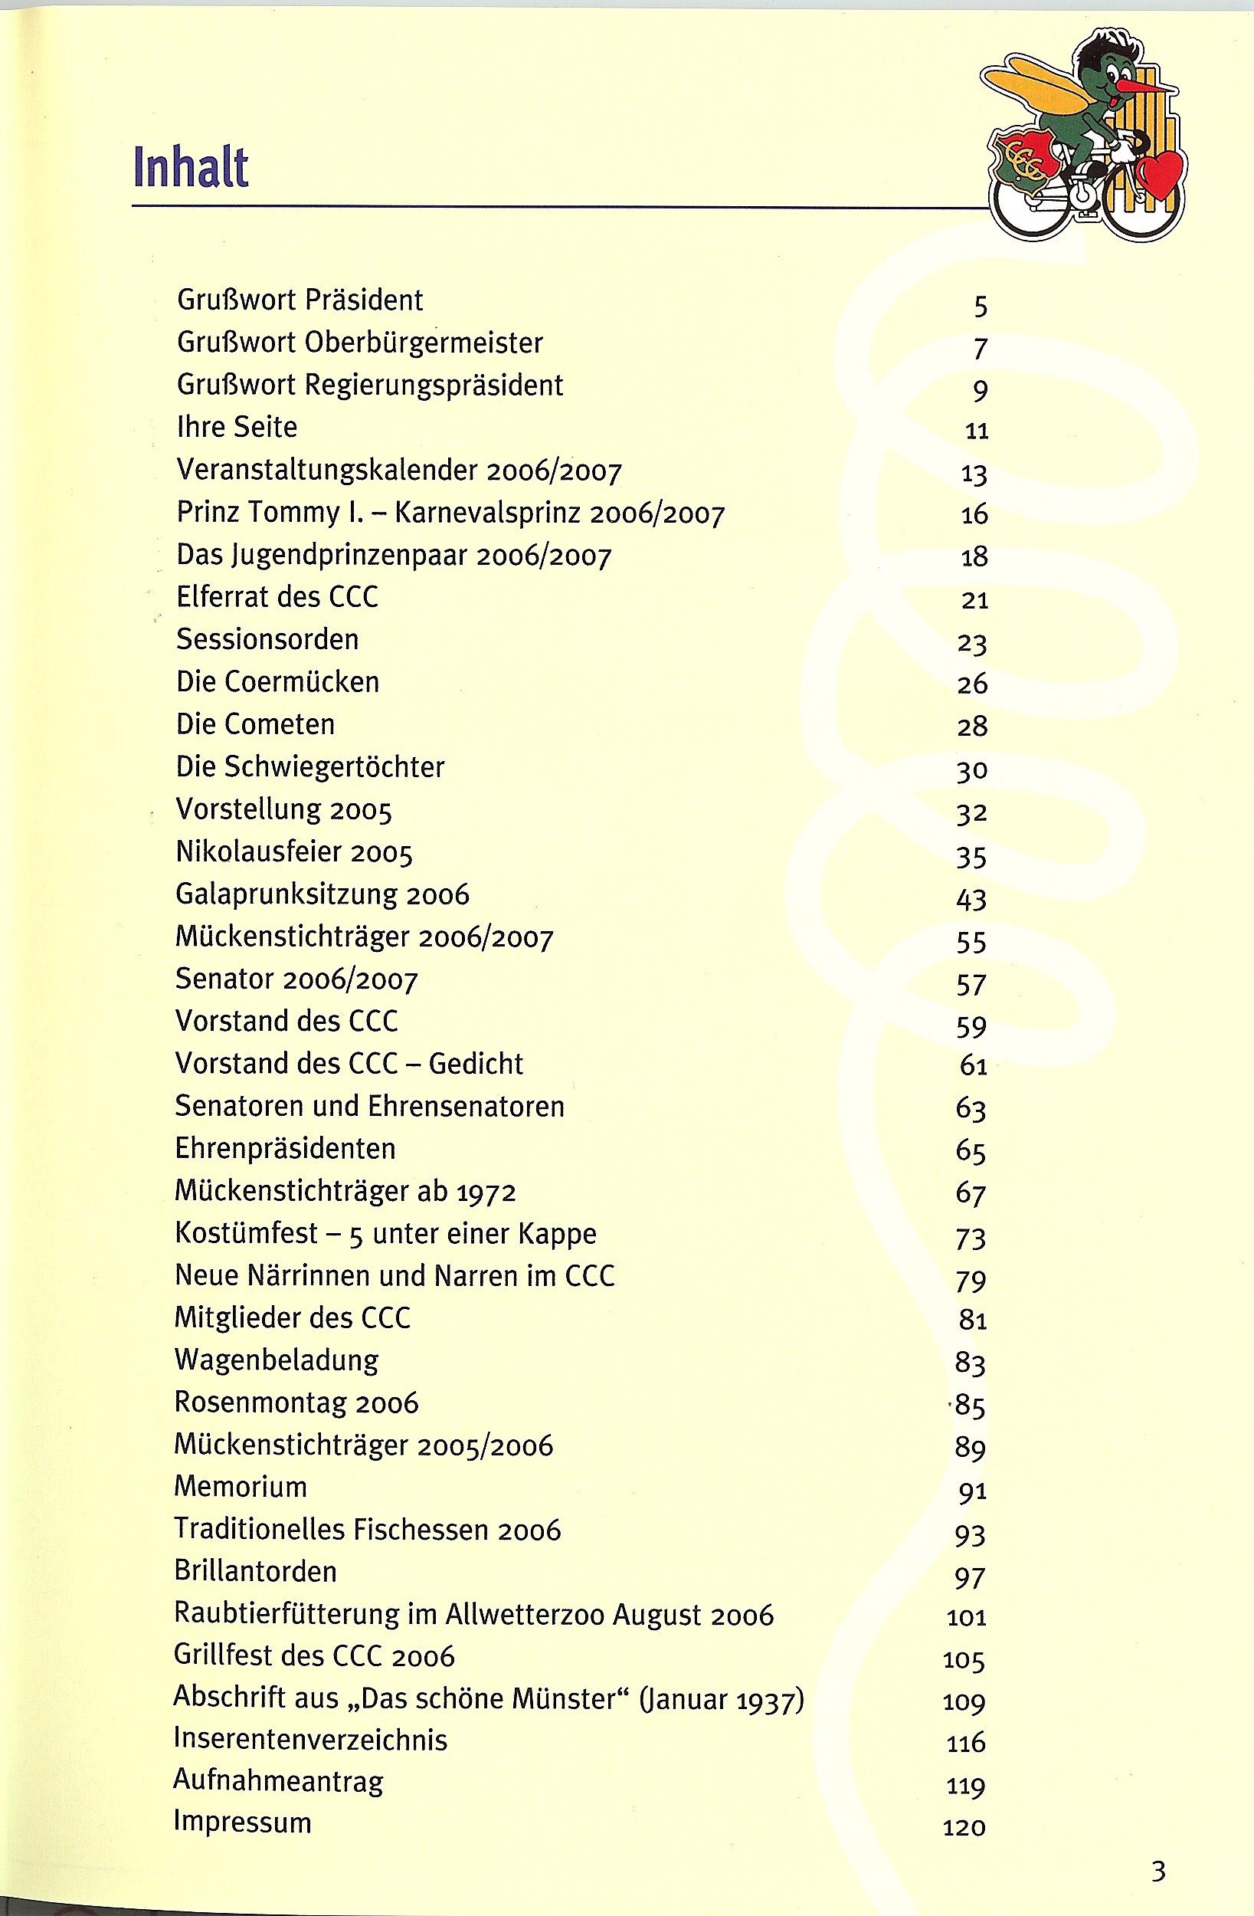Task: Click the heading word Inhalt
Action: tap(191, 167)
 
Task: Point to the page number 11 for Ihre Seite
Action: tap(975, 431)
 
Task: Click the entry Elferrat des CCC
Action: tap(277, 597)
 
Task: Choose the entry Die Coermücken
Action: tap(277, 682)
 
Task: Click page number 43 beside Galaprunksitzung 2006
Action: tap(971, 899)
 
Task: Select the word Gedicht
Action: tap(476, 1064)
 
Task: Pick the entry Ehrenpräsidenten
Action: tap(286, 1148)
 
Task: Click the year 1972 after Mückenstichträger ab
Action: tap(486, 1192)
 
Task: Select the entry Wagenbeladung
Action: tap(276, 1360)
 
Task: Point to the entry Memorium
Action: tap(241, 1486)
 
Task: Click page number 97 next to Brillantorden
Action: tap(971, 1576)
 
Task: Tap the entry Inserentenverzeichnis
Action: tap(311, 1740)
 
